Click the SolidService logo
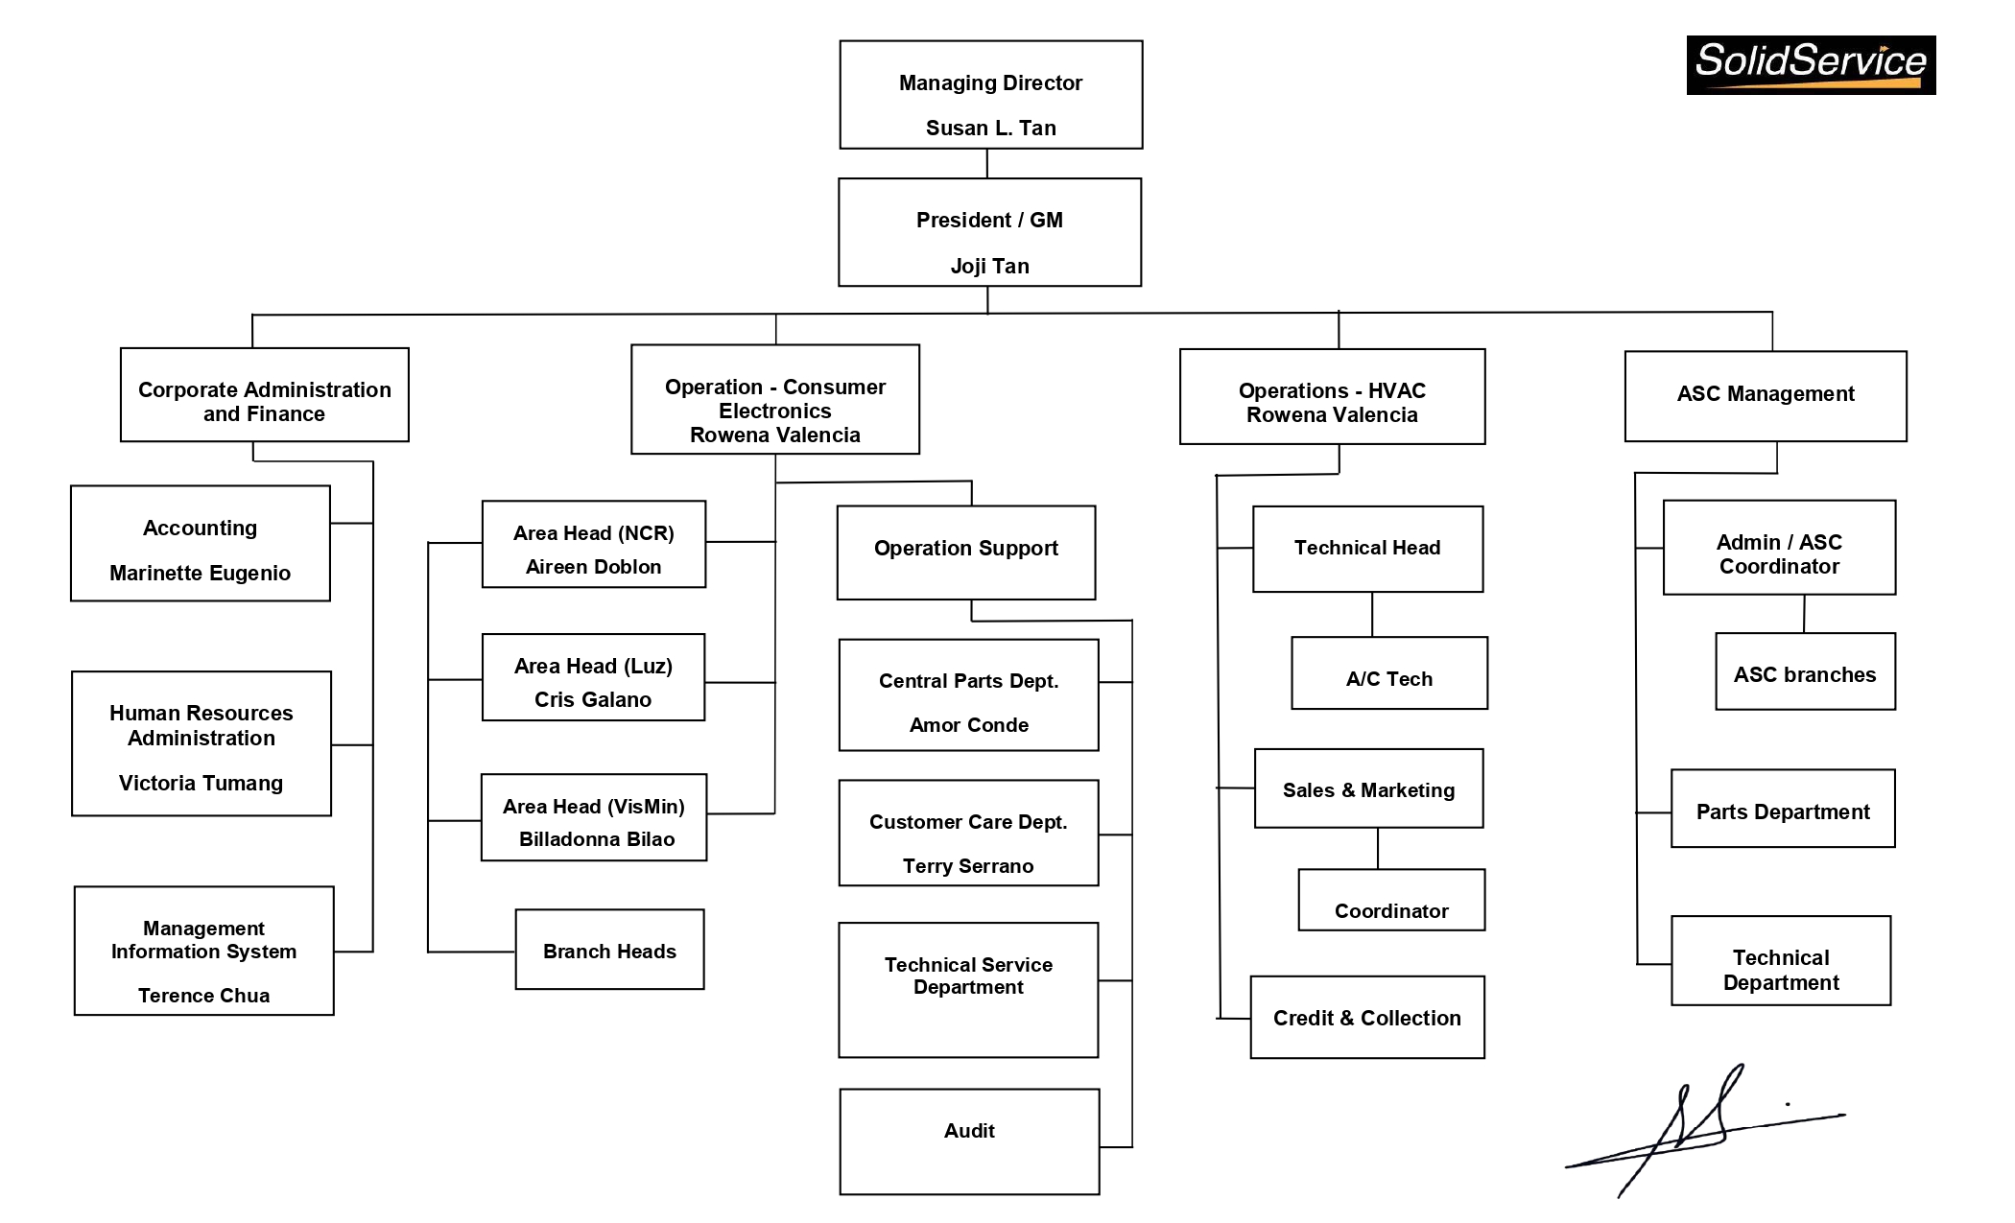click(1811, 65)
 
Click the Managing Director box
click(990, 95)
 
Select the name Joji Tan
click(989, 266)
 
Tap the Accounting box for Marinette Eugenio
click(200, 544)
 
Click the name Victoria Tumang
click(201, 783)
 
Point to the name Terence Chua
click(203, 996)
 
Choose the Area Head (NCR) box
click(593, 544)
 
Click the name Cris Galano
click(592, 699)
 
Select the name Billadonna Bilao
click(596, 839)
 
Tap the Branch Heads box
click(609, 950)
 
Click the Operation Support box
click(965, 553)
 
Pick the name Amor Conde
click(968, 725)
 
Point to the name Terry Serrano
click(967, 866)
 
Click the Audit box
click(969, 1141)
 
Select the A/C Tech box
click(1388, 673)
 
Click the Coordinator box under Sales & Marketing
click(1390, 901)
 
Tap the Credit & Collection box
click(1366, 1018)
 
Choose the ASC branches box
click(1804, 671)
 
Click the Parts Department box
click(1782, 809)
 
